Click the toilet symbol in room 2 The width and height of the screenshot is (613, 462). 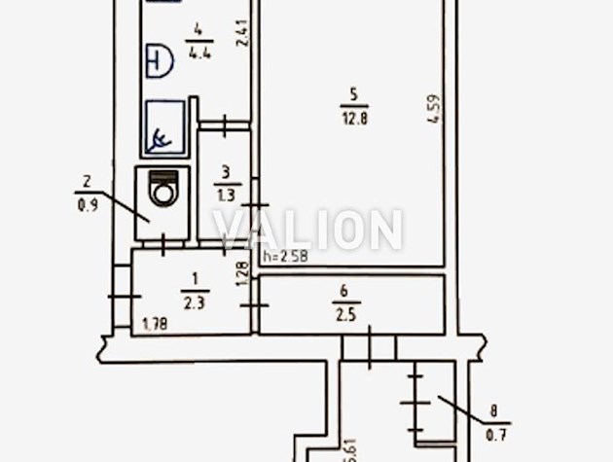pyautogui.click(x=162, y=187)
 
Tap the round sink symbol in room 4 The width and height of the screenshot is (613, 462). pyautogui.click(x=160, y=61)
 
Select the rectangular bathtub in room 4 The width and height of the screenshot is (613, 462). pyautogui.click(x=165, y=126)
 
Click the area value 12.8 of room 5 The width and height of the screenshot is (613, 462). pyautogui.click(x=355, y=118)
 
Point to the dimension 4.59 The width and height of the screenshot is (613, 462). pyautogui.click(x=434, y=110)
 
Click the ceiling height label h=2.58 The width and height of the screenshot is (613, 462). pyautogui.click(x=286, y=257)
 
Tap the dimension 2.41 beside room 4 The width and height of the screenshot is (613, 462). pyautogui.click(x=242, y=33)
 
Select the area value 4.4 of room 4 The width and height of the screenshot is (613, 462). pyautogui.click(x=199, y=52)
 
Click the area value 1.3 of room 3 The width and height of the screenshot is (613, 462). pyautogui.click(x=227, y=195)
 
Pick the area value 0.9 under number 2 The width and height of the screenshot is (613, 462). pyautogui.click(x=88, y=205)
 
